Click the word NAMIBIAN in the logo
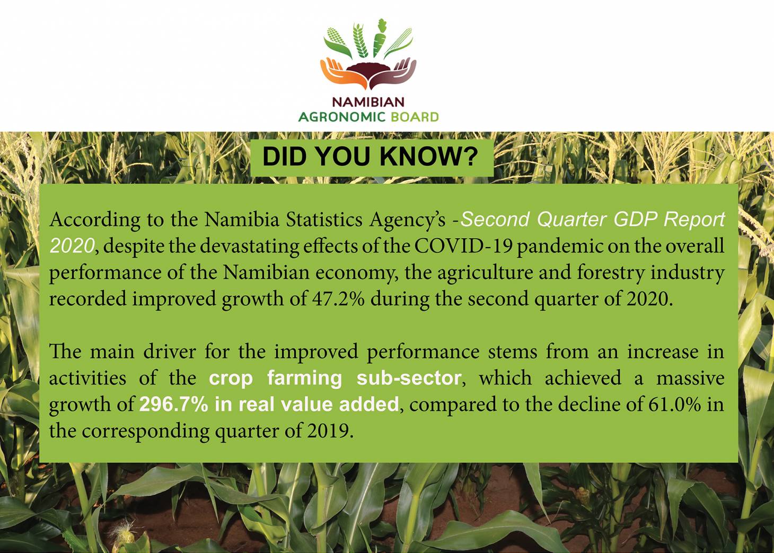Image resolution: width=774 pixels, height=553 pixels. click(368, 101)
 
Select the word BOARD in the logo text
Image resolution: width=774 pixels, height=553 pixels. click(415, 117)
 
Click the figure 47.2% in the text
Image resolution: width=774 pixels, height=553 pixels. click(336, 299)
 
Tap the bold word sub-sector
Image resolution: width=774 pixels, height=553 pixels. click(409, 379)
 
